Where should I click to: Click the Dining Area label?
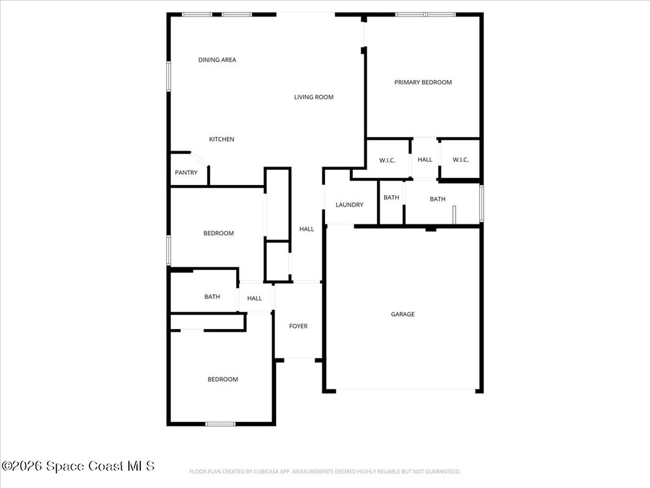(217, 60)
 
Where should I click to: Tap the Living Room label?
(314, 97)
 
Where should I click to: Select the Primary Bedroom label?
(423, 82)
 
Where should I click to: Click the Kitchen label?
(222, 139)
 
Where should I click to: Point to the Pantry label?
(186, 173)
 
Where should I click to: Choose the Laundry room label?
(349, 205)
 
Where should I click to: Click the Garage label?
(402, 314)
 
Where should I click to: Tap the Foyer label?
(298, 326)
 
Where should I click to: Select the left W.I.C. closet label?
(387, 160)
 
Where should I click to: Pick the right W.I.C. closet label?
(460, 159)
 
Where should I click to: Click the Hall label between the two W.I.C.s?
(425, 159)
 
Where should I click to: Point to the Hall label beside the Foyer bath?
(255, 298)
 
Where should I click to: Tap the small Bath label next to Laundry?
(391, 198)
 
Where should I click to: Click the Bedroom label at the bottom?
(223, 379)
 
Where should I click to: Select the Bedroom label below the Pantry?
(218, 233)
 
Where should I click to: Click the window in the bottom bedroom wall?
(220, 424)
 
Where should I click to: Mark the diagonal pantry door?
(199, 159)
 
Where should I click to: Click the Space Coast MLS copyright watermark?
(78, 466)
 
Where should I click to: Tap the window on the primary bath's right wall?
(481, 203)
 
